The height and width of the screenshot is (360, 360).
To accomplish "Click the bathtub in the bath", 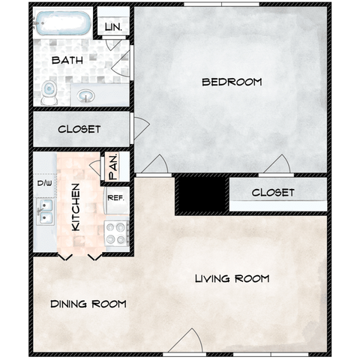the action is click(x=62, y=23).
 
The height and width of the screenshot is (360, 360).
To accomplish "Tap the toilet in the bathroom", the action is click(x=49, y=92).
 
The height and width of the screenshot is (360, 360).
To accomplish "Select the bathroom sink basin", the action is click(x=85, y=96).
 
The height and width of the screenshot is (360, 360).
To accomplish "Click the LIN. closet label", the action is click(x=113, y=27).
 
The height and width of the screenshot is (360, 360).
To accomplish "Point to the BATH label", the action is click(x=67, y=60).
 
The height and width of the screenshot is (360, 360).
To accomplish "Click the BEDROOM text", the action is click(x=232, y=82).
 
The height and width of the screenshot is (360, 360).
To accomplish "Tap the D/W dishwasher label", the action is click(x=45, y=183).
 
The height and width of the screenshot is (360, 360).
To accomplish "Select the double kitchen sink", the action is click(x=45, y=211).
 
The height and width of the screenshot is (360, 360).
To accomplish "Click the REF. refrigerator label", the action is click(x=115, y=198).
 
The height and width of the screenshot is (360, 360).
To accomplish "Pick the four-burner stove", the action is click(x=116, y=233).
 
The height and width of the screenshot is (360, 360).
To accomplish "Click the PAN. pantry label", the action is click(x=113, y=167).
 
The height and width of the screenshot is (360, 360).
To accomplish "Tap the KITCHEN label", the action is click(x=76, y=207).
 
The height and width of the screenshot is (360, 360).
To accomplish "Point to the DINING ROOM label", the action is click(x=88, y=304).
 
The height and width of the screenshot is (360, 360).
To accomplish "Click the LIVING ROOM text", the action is click(x=232, y=278).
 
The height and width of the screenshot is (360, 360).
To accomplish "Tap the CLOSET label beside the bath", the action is click(x=79, y=129).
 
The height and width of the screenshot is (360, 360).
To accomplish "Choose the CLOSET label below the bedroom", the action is click(x=273, y=193).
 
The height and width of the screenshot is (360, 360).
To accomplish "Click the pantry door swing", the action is click(x=96, y=166).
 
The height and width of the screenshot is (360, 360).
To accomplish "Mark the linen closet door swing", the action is click(x=113, y=44).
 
